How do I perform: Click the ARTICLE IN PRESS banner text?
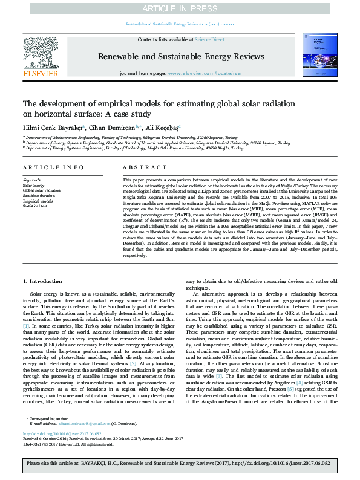point(180,8)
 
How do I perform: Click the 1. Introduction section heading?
point(42,282)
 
